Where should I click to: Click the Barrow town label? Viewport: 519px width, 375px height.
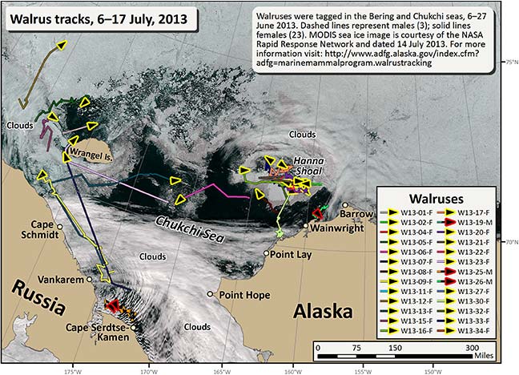[355, 214]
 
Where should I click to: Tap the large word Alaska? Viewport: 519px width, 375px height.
[324, 311]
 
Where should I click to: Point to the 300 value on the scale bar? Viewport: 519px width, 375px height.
[476, 349]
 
